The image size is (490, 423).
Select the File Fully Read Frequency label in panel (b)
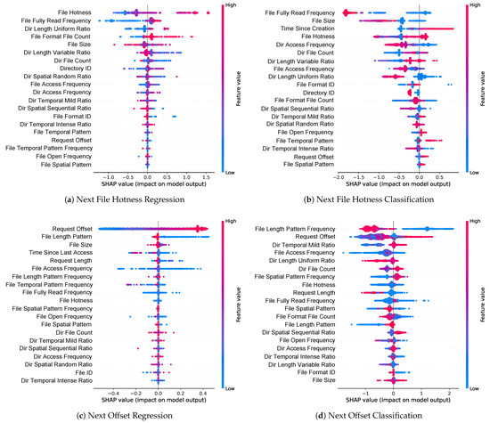[297, 12]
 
